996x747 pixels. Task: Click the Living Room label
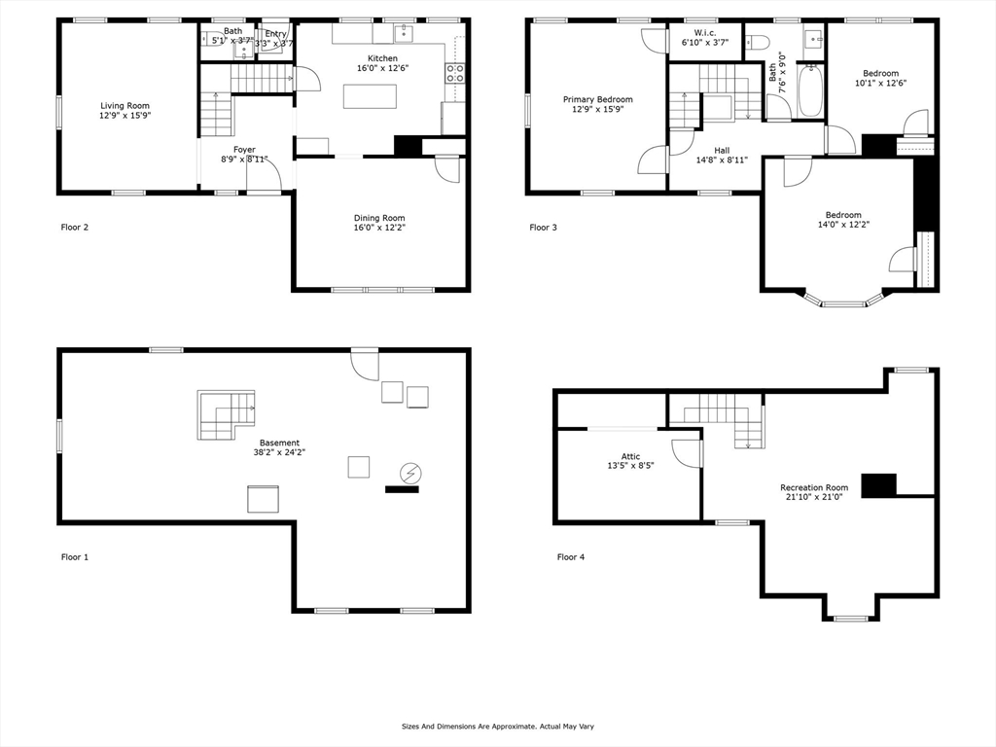(124, 105)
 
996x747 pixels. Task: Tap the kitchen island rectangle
(370, 97)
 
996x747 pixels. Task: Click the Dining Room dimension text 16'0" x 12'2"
(380, 229)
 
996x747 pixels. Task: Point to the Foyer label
(243, 150)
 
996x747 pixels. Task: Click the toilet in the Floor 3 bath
(757, 41)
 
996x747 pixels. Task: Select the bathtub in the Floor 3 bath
(809, 90)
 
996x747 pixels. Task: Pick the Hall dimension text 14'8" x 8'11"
(721, 160)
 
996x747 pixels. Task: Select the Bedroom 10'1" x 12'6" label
(880, 73)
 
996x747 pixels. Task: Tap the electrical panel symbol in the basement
(410, 474)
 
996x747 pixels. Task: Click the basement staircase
(225, 414)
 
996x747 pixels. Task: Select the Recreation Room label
(814, 487)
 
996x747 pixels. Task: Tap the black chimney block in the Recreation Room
(879, 484)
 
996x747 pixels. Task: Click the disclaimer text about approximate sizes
(497, 726)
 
